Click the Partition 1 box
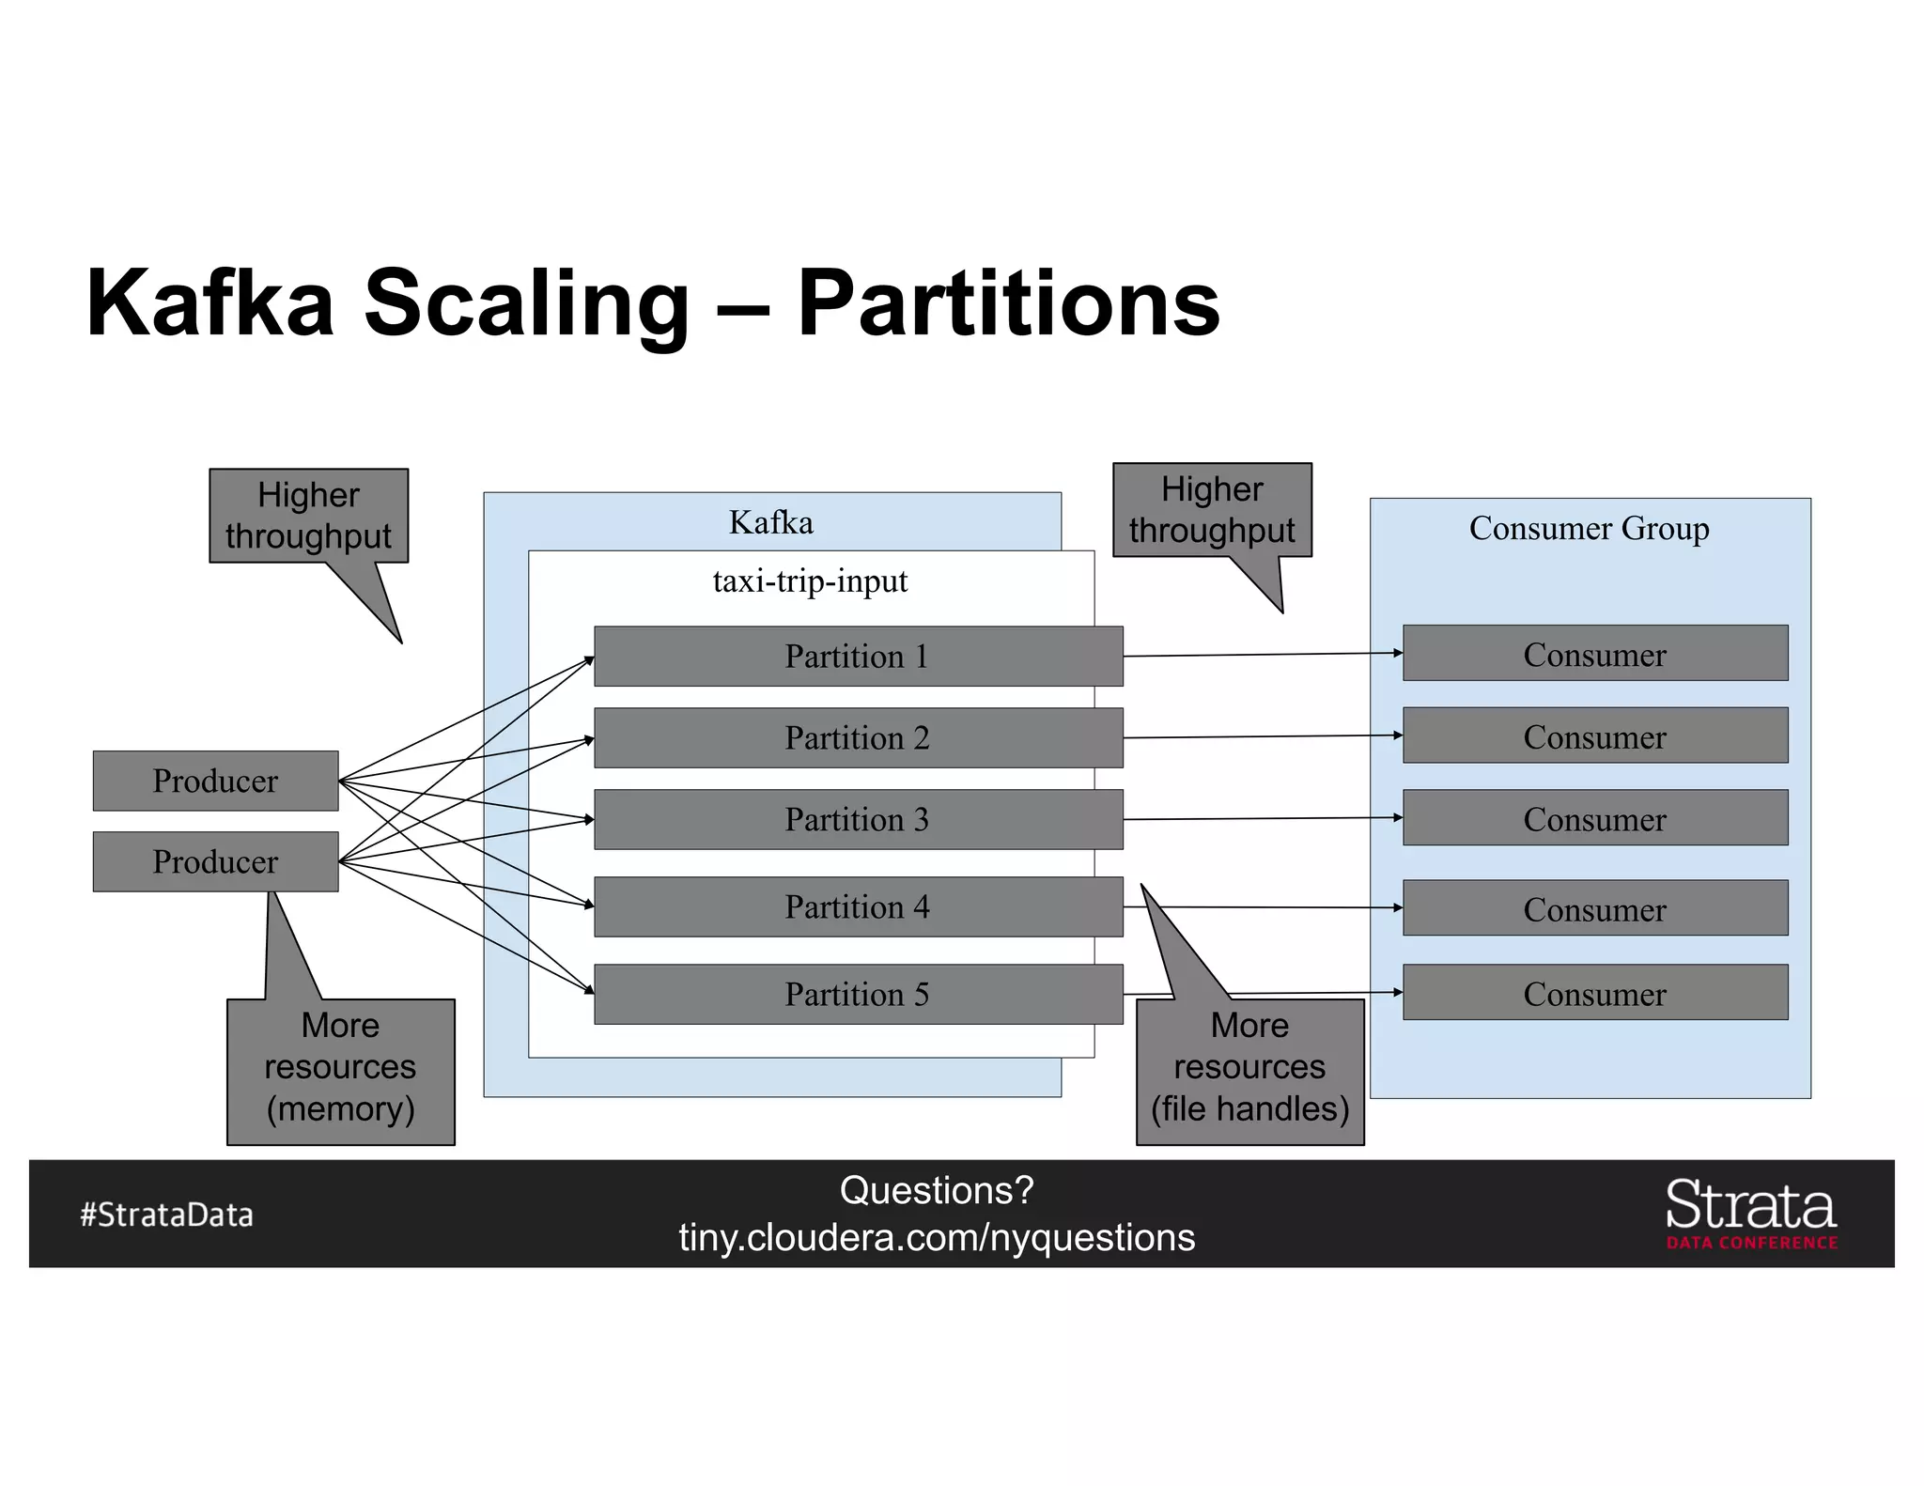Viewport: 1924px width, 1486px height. (x=858, y=656)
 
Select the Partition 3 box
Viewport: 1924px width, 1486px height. (x=858, y=819)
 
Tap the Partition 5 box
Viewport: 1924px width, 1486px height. (x=858, y=994)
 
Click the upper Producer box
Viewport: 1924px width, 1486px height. (x=215, y=781)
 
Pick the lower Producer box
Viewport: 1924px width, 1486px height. (x=215, y=861)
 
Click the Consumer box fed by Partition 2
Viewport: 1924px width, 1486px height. (x=1594, y=735)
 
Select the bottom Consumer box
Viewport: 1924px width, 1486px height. (x=1594, y=993)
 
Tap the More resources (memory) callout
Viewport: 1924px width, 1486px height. (x=340, y=1071)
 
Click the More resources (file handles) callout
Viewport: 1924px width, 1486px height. (x=1249, y=1071)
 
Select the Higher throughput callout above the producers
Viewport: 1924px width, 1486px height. (x=308, y=516)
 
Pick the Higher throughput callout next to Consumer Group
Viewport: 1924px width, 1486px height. (x=1212, y=510)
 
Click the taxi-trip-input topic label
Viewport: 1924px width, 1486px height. (x=810, y=581)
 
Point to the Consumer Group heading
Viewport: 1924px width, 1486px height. (x=1589, y=528)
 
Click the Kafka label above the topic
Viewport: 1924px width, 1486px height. (x=770, y=522)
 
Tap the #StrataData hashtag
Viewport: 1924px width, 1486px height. (x=166, y=1215)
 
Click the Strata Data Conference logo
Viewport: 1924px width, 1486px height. (x=1750, y=1214)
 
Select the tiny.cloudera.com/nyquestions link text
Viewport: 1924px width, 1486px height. (x=937, y=1238)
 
